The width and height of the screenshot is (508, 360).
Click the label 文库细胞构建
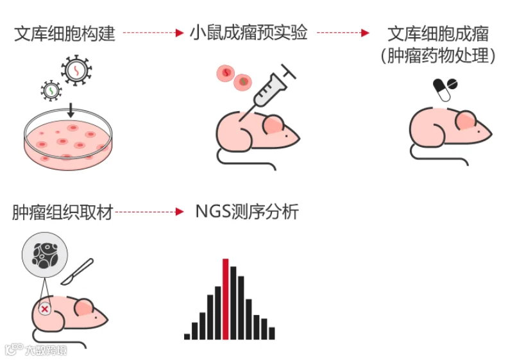(x=65, y=33)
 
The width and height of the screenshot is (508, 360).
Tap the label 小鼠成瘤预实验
(x=249, y=32)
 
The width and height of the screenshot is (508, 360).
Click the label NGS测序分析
(x=247, y=212)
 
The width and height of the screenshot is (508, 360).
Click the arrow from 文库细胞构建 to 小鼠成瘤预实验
(x=153, y=32)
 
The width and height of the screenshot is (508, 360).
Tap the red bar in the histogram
(x=225, y=298)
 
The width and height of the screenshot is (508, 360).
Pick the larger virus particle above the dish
(x=76, y=71)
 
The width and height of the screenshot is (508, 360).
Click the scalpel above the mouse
(x=78, y=271)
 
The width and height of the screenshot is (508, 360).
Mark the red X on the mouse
(x=45, y=309)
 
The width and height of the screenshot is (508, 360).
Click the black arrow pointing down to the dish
(x=71, y=109)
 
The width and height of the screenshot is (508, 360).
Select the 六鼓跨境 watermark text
(x=45, y=350)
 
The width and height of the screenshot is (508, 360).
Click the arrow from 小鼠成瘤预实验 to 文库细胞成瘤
(x=343, y=32)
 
